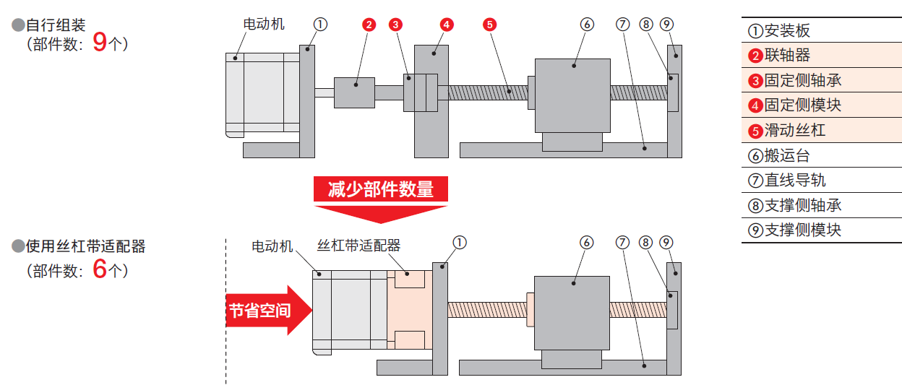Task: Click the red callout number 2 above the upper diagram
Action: (x=369, y=25)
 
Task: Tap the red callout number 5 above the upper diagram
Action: (x=489, y=25)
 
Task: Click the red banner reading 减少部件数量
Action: (x=381, y=190)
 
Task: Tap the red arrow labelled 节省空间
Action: (x=267, y=311)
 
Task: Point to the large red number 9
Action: (x=100, y=43)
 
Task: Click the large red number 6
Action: (x=100, y=270)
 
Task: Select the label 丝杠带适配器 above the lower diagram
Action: (x=358, y=246)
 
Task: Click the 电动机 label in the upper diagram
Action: (x=264, y=24)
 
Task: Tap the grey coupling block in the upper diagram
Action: (x=354, y=92)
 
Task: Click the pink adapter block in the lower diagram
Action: (x=409, y=309)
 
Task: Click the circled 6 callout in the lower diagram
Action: (x=587, y=243)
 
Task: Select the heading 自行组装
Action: (x=56, y=25)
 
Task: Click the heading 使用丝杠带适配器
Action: (x=85, y=246)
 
